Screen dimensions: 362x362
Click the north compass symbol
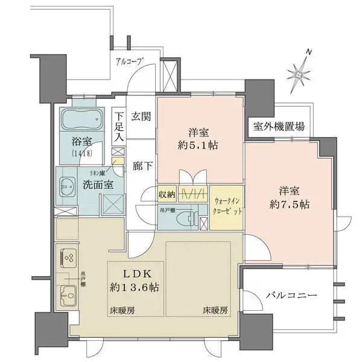point(299,73)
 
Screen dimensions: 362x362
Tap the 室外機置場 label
point(279,127)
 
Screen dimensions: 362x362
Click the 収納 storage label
point(166,194)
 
